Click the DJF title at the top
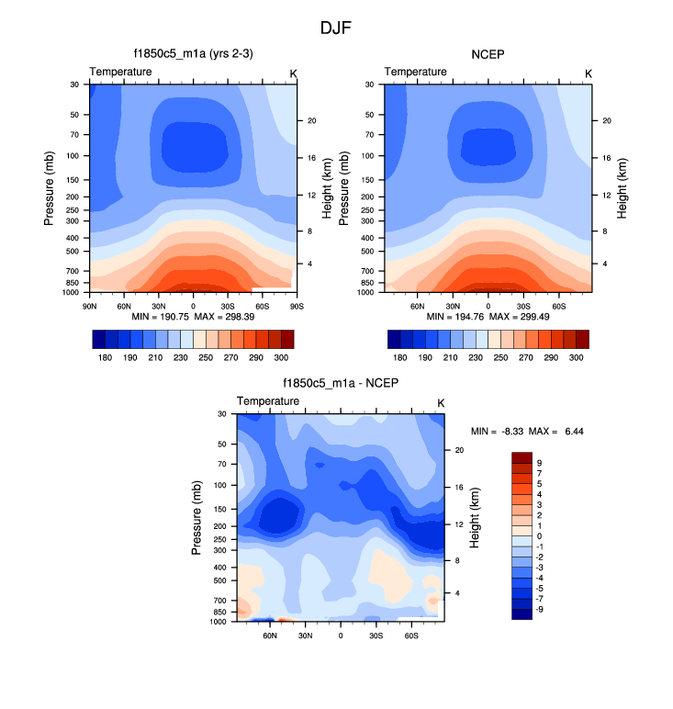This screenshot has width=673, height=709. [335, 28]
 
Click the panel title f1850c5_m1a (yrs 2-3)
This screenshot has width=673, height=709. [193, 54]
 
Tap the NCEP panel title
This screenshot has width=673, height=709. [488, 54]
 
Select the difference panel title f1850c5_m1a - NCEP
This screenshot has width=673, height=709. [340, 384]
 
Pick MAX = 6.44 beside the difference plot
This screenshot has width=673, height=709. [559, 431]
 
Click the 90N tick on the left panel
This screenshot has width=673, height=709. [90, 305]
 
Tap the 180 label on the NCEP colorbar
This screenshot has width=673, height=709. [400, 354]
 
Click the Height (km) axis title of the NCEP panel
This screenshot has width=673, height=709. [622, 187]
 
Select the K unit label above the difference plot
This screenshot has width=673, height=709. [441, 402]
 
